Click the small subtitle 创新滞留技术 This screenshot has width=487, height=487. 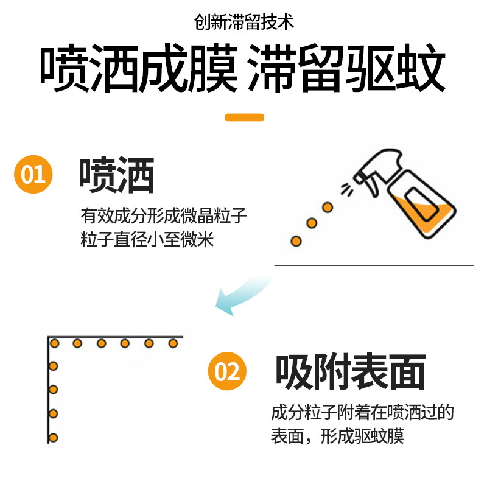pos(244,22)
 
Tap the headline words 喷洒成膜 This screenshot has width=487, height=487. pos(139,68)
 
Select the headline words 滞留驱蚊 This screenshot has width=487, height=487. pos(346,68)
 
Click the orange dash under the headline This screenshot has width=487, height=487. pos(245,117)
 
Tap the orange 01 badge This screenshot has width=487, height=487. pos(33,174)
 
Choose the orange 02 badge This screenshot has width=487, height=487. pos(227,371)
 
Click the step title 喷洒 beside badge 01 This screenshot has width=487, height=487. pos(117,175)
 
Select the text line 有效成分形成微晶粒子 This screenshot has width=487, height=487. pos(164,215)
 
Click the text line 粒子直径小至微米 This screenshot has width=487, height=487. pos(147,239)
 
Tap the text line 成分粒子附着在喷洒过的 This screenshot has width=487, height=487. pos(362,413)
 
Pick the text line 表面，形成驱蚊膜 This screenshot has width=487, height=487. pos(337,436)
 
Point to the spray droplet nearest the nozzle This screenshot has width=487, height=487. pos(328,207)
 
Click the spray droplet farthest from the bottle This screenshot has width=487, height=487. pos(296,241)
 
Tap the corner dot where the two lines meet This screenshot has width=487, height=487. pos(55,343)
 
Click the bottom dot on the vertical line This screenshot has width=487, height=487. pos(53,438)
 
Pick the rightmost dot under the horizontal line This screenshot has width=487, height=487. pos(173,343)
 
